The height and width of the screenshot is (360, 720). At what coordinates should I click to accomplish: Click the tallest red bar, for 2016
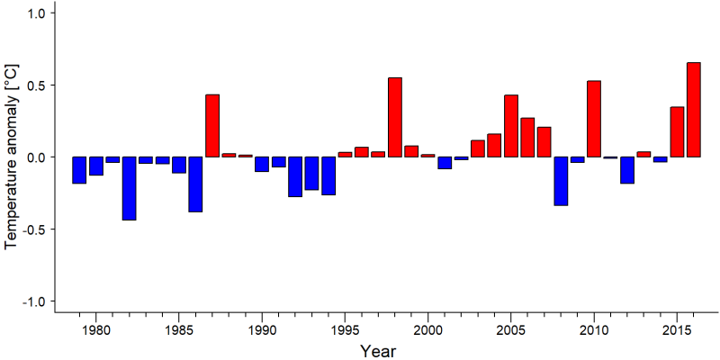click(x=693, y=110)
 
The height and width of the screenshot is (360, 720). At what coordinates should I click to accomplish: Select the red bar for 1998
click(x=395, y=118)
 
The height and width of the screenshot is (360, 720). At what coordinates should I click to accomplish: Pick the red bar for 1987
click(x=212, y=126)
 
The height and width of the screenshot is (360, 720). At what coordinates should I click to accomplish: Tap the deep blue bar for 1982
click(x=129, y=188)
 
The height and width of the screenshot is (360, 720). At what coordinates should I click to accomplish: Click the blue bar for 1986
click(x=195, y=184)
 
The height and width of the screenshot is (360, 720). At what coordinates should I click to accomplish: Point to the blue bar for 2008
click(x=561, y=182)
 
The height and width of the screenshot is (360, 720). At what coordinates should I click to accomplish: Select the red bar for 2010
click(x=594, y=119)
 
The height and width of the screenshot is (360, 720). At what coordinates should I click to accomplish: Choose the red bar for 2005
click(x=511, y=126)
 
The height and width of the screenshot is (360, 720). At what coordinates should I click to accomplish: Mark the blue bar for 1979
click(x=79, y=170)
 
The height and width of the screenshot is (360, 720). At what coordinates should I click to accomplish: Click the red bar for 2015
click(x=677, y=131)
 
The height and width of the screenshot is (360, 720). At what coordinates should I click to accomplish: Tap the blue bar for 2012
click(x=627, y=170)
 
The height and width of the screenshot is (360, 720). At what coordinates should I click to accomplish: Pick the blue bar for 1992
click(x=295, y=176)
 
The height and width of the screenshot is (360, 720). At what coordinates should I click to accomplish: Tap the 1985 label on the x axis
click(x=178, y=329)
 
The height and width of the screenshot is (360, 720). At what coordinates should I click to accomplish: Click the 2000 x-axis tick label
click(x=428, y=329)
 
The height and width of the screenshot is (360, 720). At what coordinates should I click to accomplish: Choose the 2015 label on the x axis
click(x=677, y=329)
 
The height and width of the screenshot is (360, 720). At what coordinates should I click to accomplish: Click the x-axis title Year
click(x=377, y=351)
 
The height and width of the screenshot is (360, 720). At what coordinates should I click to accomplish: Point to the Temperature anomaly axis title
click(x=12, y=157)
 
